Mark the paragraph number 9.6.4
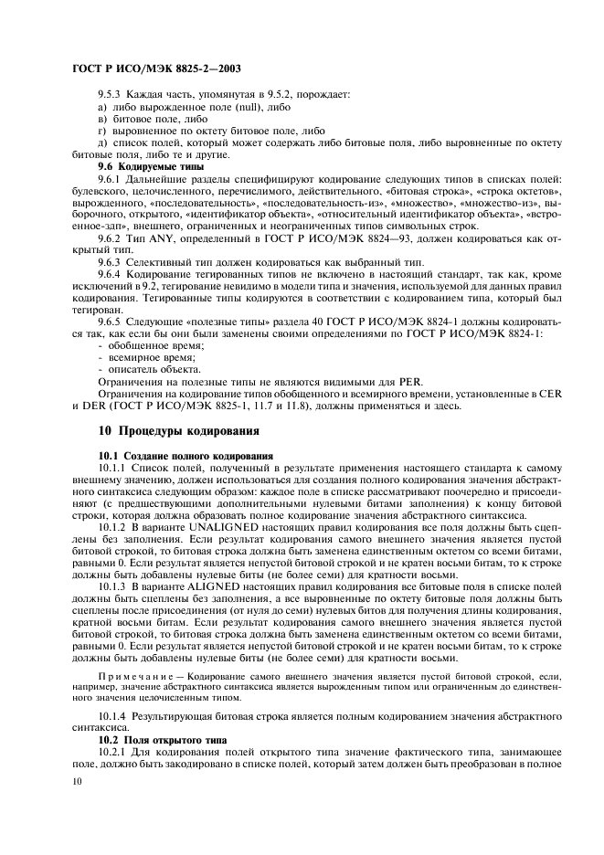(111, 274)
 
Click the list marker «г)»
(102, 132)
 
